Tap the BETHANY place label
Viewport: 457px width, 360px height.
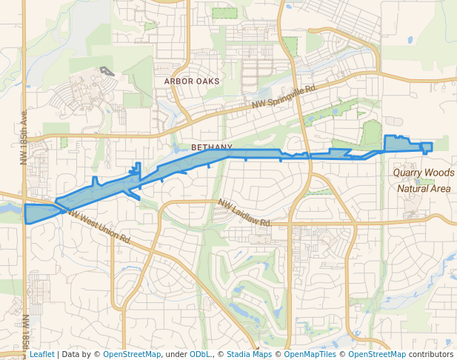coord(212,147)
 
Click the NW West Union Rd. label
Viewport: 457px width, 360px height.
coord(99,226)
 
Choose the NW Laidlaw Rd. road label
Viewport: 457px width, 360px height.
coord(244,213)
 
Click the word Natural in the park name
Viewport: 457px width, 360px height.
coord(413,188)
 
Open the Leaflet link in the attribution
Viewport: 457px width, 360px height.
coord(41,354)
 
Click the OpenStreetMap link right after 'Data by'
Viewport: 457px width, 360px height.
coord(131,354)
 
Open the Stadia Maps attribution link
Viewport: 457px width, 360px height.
coord(249,354)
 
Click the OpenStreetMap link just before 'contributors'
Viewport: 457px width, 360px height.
coord(377,354)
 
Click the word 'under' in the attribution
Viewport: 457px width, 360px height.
coord(176,354)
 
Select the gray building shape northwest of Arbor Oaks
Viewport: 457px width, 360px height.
coord(108,72)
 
